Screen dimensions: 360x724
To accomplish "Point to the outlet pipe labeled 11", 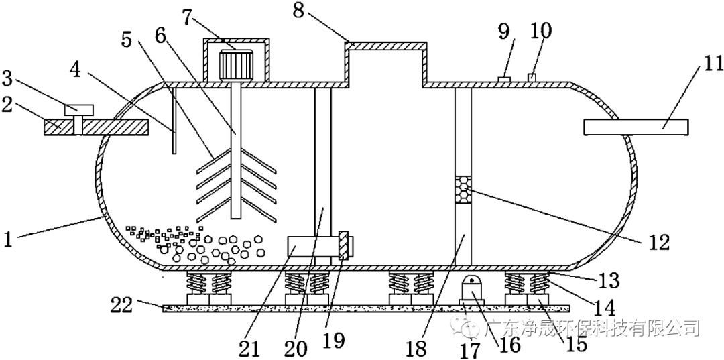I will click(636, 127).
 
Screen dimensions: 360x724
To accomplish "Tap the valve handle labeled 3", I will click(79, 109).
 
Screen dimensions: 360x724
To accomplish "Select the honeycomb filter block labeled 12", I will click(463, 189).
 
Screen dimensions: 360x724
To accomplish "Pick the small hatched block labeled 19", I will click(343, 246).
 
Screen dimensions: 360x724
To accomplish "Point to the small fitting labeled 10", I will click(534, 78).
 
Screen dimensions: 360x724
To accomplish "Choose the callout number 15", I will click(575, 343).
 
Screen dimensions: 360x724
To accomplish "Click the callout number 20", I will click(296, 348).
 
